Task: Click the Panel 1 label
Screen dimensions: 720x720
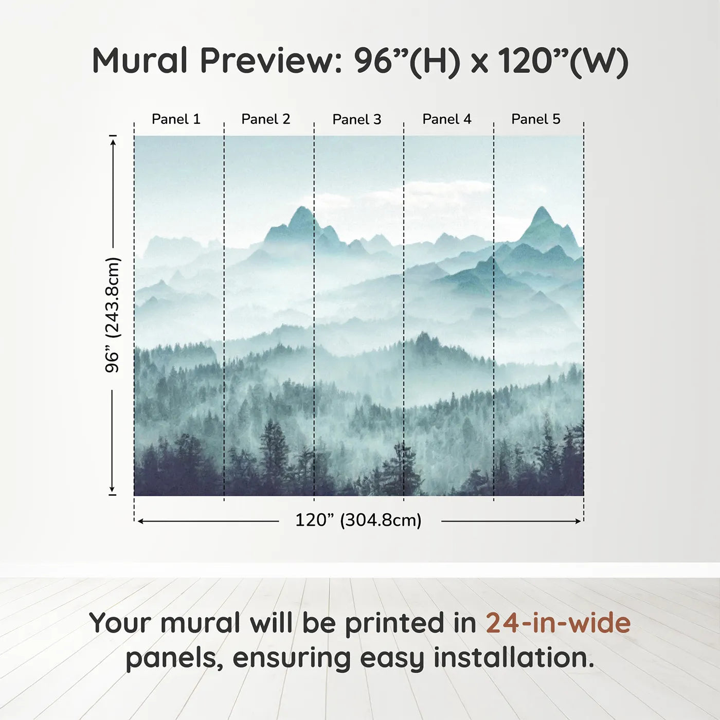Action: coord(176,119)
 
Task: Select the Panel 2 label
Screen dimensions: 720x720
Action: coord(266,119)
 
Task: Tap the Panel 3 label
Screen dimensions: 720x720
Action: coord(357,119)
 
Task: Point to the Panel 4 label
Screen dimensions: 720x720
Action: coord(447,119)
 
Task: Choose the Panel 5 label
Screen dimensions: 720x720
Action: coord(536,119)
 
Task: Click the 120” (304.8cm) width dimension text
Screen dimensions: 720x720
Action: coord(358,520)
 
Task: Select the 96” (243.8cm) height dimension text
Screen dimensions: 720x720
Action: coord(112,315)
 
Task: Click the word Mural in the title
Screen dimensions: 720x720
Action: coord(140,61)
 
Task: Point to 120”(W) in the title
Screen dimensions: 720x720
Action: coord(564,62)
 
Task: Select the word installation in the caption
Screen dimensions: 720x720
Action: coord(514,658)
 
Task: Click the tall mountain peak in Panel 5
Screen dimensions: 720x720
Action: coord(542,207)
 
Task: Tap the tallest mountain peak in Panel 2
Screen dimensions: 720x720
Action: coord(301,207)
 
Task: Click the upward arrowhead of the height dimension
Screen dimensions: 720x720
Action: coord(113,141)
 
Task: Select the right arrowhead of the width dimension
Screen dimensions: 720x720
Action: coord(579,521)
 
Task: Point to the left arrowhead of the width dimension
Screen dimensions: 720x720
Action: coord(141,521)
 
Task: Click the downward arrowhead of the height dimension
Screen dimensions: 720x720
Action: coord(112,490)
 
